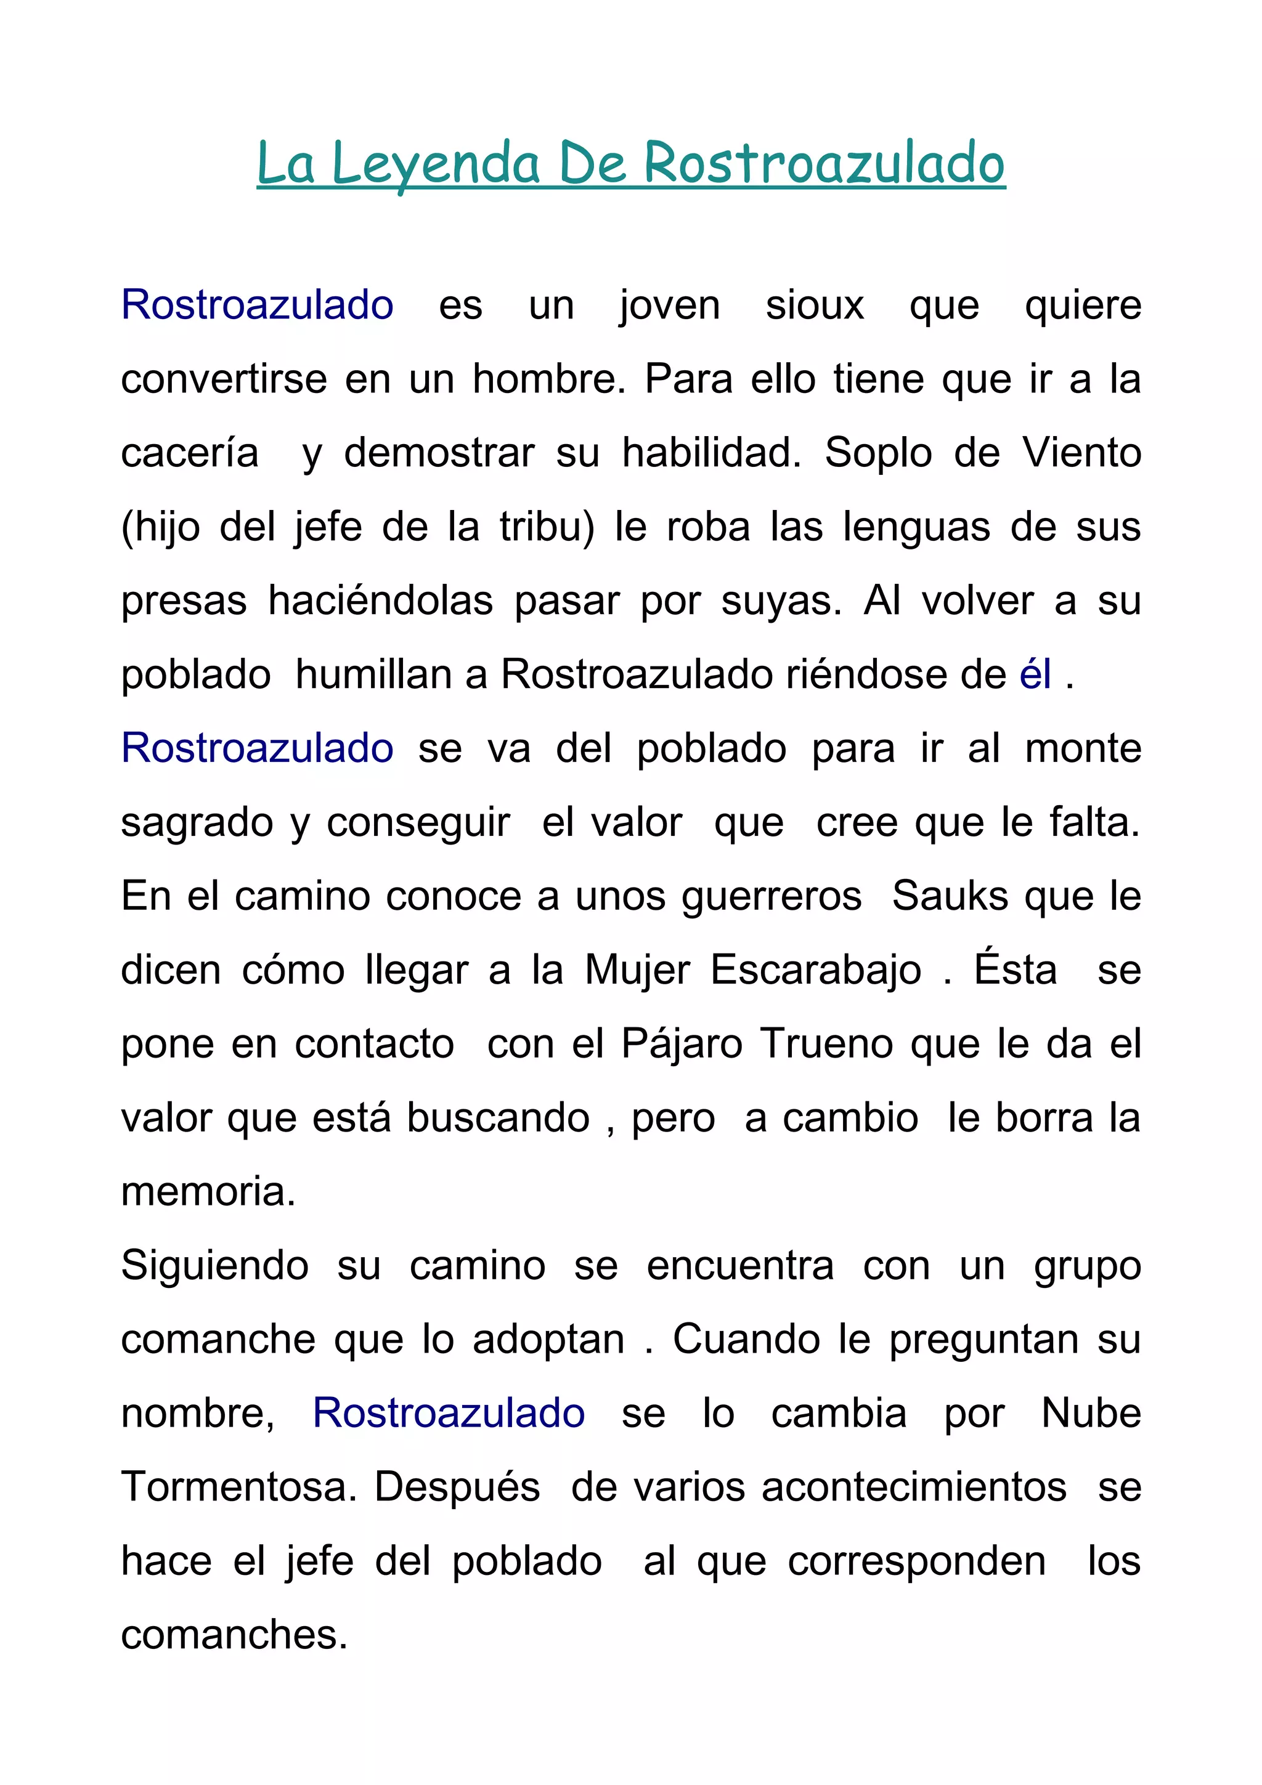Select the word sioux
pos(814,305)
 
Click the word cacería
pos(190,453)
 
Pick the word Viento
pos(1081,453)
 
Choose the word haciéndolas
pos(380,601)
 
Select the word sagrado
pos(197,822)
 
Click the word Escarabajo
pos(816,970)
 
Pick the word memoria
pos(208,1192)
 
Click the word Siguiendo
pos(214,1265)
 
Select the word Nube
pos(1090,1412)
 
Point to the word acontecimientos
pos(914,1486)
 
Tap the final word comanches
pos(234,1634)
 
